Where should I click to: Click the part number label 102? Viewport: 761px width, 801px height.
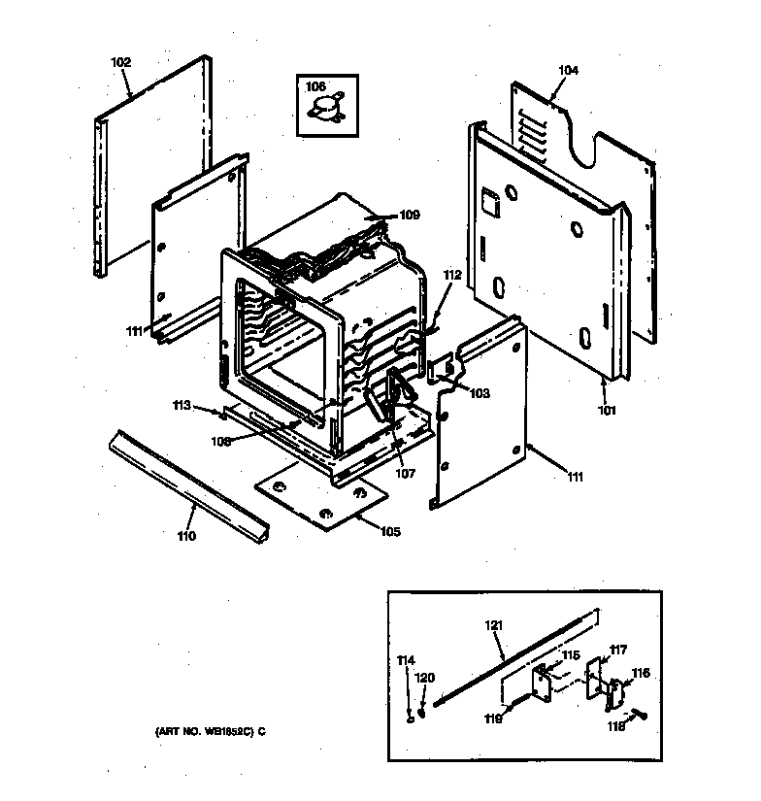pyautogui.click(x=120, y=62)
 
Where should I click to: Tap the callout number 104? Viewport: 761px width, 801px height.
pyautogui.click(x=568, y=70)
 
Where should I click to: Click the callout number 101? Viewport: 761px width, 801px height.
pyautogui.click(x=607, y=410)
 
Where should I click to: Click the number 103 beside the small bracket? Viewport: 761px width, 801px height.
pyautogui.click(x=479, y=393)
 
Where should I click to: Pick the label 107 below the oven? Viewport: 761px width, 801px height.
pyautogui.click(x=405, y=474)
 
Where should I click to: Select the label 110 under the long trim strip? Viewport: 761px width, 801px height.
pyautogui.click(x=186, y=536)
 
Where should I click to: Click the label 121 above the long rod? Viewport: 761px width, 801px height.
pyautogui.click(x=494, y=626)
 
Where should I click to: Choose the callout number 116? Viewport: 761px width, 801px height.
pyautogui.click(x=641, y=672)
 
